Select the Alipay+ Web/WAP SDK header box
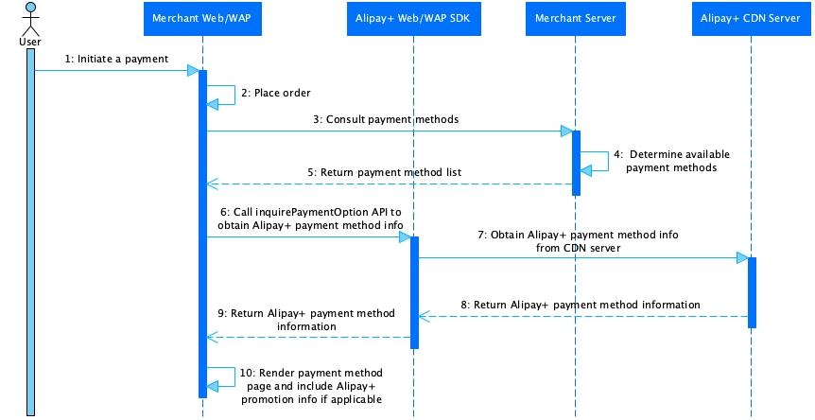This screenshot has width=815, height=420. pos(414,18)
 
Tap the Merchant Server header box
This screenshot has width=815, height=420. pos(576,18)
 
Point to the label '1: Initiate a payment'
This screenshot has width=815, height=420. pos(116,59)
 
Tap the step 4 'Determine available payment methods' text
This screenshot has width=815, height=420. pos(671,160)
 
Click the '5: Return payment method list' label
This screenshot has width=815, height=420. pos(384,172)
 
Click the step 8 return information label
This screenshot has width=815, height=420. pos(581,305)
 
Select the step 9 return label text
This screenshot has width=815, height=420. pos(306,319)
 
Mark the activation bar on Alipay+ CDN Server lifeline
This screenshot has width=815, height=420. pos(753,292)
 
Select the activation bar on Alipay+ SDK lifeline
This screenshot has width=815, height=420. pos(414,292)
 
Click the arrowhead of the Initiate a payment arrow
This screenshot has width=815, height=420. pos(192,70)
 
